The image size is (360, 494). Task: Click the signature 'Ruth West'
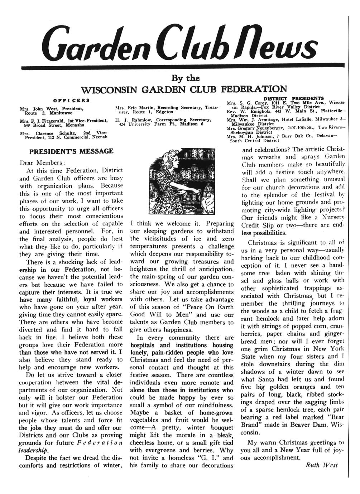(x=322, y=465)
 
